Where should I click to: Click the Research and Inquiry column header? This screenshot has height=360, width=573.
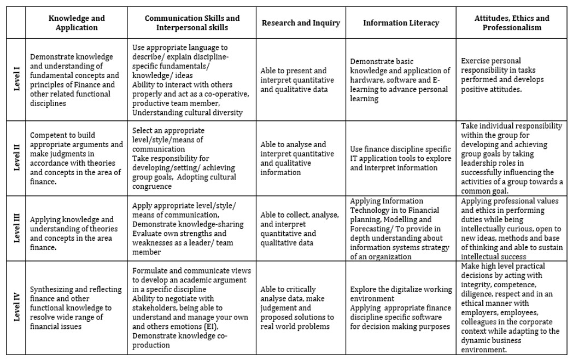tap(301, 23)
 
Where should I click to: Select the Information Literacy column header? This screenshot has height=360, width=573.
tap(401, 23)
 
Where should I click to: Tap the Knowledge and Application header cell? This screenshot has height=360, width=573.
tap(77, 23)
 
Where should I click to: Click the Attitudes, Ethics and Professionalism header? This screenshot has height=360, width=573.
tap(512, 23)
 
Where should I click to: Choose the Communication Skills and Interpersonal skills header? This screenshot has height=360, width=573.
tap(192, 23)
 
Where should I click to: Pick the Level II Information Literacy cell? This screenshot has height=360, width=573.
tap(401, 158)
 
